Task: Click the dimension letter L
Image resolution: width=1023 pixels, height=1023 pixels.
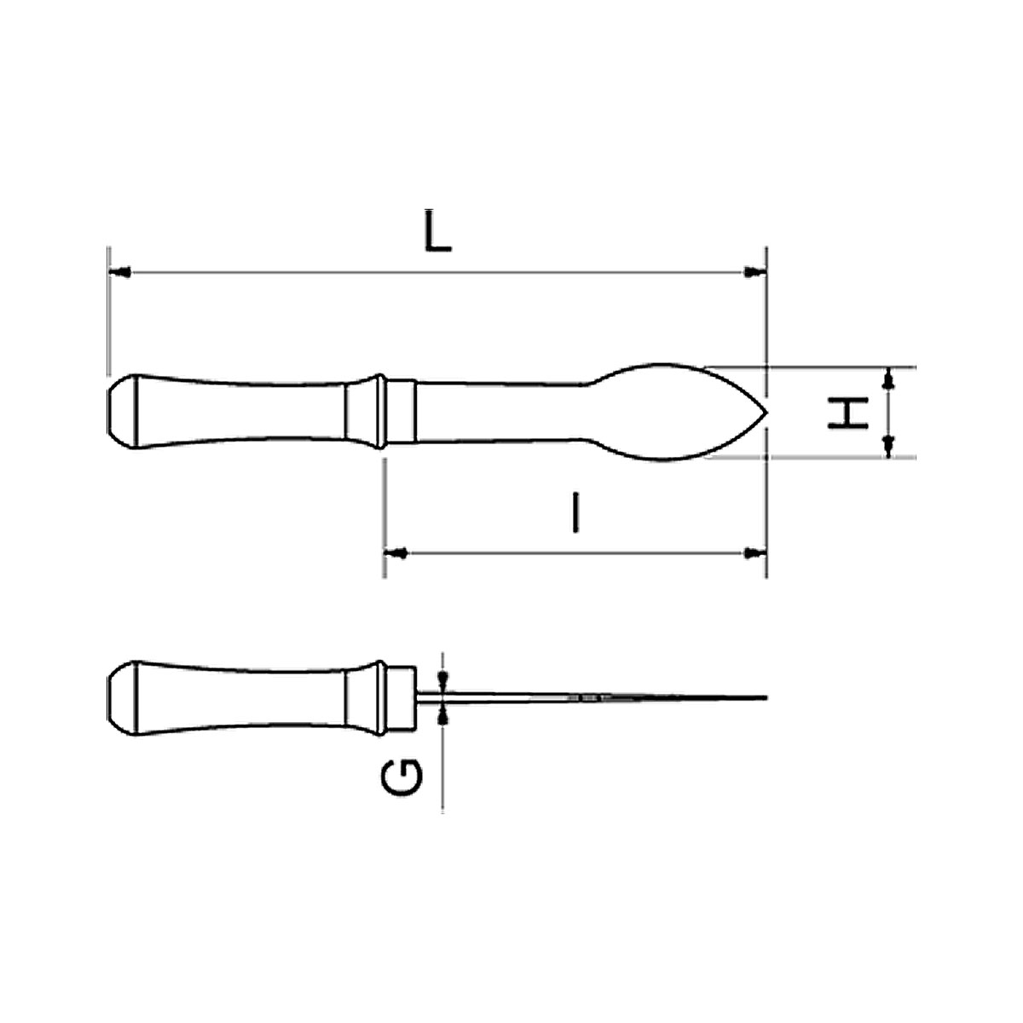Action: coord(437,232)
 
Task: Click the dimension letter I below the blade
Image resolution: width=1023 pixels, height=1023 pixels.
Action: coord(575,511)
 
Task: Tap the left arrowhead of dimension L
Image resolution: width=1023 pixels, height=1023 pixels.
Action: coord(120,272)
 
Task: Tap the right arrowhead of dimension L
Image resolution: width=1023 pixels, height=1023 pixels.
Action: coord(755,272)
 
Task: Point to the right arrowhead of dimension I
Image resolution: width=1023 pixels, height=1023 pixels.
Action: coord(755,553)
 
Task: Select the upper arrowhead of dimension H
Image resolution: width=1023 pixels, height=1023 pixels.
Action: coord(890,378)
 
